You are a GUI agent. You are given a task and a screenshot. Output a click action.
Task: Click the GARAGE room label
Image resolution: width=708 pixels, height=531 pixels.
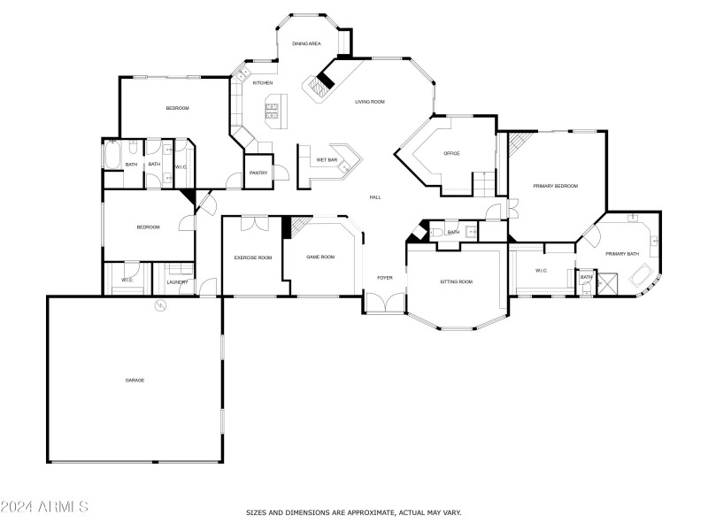point(135,381)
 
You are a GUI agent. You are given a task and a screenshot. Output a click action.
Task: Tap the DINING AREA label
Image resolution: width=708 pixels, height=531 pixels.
point(306,43)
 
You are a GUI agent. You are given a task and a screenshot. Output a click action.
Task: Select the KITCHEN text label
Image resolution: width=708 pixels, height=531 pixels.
point(263,83)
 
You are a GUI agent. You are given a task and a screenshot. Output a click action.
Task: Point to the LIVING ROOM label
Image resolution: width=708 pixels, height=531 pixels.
point(370,102)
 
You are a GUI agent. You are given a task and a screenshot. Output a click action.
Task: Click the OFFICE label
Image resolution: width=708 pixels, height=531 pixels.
point(451,154)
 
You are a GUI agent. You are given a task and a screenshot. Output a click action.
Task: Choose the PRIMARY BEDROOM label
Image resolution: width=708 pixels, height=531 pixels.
point(555,186)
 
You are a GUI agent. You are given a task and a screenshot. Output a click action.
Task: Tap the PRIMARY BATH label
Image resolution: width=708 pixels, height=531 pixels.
point(621,254)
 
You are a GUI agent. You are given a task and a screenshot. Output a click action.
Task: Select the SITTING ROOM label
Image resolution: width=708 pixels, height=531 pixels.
point(457,281)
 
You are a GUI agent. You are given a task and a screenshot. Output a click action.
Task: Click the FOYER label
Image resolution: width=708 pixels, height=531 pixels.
point(385,278)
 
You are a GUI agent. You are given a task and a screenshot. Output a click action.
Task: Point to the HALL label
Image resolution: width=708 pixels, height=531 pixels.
point(375,196)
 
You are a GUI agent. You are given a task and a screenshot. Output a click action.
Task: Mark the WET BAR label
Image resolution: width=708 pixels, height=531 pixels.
point(327,160)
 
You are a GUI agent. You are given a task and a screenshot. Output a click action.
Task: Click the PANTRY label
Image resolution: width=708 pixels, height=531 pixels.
point(258,173)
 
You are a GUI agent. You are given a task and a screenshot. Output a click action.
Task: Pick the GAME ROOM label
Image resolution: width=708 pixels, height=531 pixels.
point(320,257)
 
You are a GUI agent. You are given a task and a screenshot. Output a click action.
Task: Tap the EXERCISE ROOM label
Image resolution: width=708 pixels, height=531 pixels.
point(252,258)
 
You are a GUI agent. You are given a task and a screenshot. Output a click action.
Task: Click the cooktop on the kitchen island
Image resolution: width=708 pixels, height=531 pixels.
point(272,111)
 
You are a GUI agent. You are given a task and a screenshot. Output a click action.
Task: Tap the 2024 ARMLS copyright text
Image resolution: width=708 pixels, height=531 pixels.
point(44,507)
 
